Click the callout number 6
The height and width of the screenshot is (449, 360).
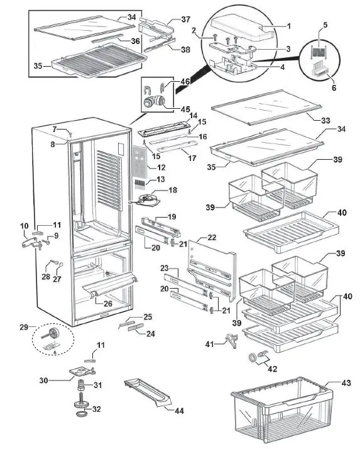334,88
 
